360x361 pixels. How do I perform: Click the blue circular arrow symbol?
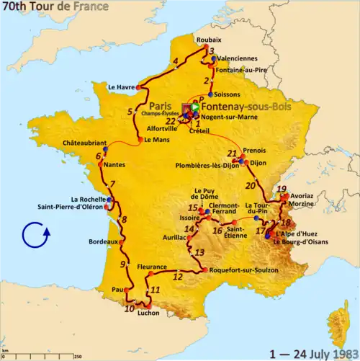point(35,236)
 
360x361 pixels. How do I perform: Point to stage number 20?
point(250,185)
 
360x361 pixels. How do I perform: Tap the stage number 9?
point(122,265)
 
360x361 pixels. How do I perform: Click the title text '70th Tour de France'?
point(55,7)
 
